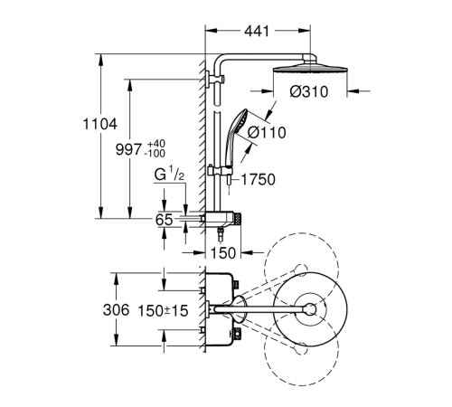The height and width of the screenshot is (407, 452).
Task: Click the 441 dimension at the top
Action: (x=257, y=31)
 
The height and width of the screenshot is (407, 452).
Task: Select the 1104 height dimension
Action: (x=100, y=124)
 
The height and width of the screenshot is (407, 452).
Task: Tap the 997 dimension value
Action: (x=128, y=149)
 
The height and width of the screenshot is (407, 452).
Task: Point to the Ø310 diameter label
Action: (x=309, y=91)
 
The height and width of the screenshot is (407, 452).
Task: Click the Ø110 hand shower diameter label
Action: (x=267, y=133)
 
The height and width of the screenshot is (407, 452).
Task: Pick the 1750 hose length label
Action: (x=259, y=179)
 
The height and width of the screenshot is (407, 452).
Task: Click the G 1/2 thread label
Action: (x=169, y=175)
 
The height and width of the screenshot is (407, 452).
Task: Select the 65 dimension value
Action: (x=165, y=220)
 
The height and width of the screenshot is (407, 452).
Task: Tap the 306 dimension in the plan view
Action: (x=116, y=309)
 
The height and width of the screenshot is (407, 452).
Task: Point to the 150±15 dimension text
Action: (x=163, y=311)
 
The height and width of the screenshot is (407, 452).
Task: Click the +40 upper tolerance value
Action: (x=156, y=144)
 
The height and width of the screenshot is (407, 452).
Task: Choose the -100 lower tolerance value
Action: (x=155, y=154)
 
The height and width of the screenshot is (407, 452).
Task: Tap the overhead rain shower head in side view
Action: (x=310, y=68)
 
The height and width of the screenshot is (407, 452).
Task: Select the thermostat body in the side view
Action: (x=221, y=219)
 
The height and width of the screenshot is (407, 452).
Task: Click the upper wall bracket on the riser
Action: (x=215, y=80)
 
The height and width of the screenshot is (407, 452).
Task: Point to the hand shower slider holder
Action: (x=221, y=172)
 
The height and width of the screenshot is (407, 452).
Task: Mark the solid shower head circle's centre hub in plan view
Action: (x=310, y=309)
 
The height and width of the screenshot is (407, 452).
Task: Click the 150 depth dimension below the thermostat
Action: (x=223, y=253)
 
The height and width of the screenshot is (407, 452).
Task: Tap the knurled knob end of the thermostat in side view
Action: (x=239, y=219)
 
